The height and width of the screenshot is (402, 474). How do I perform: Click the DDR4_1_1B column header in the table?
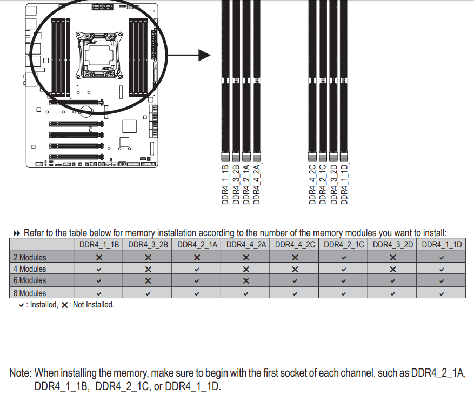pos(99,245)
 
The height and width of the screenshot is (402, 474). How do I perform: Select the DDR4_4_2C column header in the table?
pos(295,245)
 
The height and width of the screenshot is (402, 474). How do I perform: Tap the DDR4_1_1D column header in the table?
pos(442,245)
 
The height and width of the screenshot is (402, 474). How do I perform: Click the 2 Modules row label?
pos(30,258)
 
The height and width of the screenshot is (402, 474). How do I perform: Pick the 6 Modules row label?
pos(30,280)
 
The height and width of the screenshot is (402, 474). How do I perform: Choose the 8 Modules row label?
pos(30,293)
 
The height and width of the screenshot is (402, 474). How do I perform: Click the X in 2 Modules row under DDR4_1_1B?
pos(99,258)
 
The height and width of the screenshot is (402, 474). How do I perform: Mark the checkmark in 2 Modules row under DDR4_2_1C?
pos(344,258)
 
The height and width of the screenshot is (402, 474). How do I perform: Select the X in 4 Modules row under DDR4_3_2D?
pos(393,269)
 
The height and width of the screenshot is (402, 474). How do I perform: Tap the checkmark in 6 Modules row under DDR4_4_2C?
pos(295,281)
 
